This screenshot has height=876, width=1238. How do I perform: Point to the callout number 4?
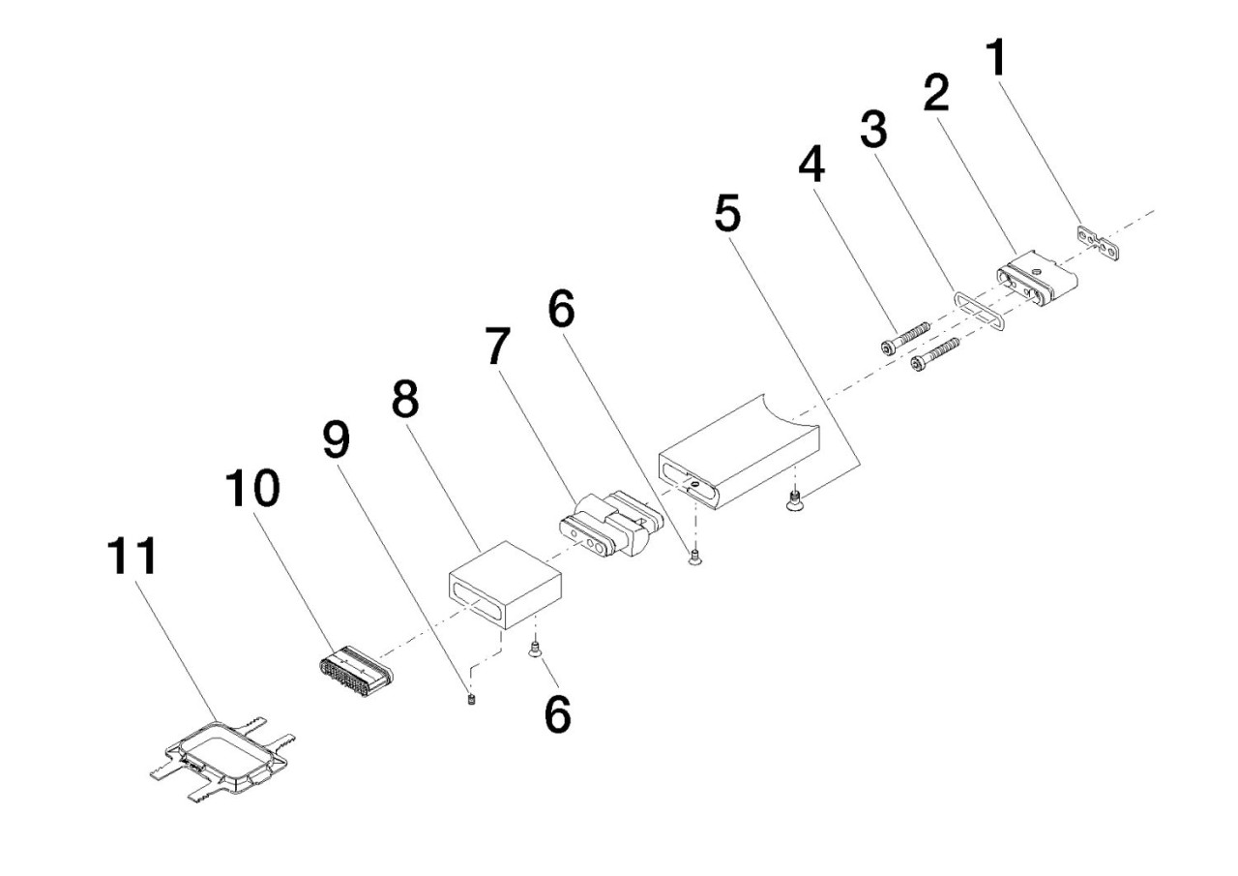coord(812,166)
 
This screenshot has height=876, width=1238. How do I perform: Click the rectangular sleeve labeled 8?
coord(505,584)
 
